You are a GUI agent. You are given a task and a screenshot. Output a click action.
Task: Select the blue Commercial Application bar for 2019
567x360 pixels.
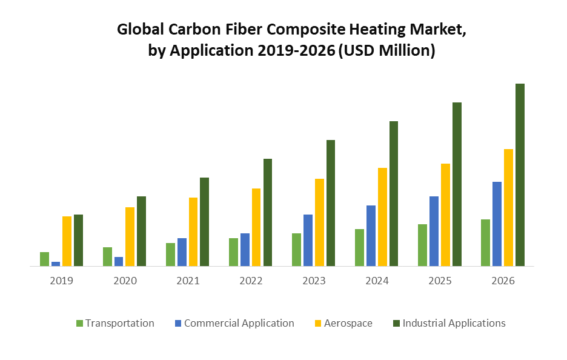(x=56, y=264)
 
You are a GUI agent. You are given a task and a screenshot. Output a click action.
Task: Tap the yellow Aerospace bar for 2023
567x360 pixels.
(x=319, y=222)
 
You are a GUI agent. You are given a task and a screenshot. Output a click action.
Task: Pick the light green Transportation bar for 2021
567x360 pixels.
(x=170, y=254)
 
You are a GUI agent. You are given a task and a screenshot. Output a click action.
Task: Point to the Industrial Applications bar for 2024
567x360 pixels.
(x=394, y=193)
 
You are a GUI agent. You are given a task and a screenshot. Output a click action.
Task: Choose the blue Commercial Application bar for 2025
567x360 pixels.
(x=434, y=231)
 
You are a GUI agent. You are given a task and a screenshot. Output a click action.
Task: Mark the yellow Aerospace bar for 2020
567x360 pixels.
(x=130, y=236)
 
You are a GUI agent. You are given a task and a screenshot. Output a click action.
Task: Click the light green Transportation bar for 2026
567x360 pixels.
(x=485, y=242)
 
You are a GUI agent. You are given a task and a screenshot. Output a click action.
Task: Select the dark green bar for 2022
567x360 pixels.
(x=268, y=212)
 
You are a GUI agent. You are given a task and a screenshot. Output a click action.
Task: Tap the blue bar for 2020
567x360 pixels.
(x=119, y=261)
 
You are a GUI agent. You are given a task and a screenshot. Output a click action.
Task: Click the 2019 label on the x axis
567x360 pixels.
(x=62, y=281)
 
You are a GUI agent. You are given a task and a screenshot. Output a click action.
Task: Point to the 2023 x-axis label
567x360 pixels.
(x=314, y=281)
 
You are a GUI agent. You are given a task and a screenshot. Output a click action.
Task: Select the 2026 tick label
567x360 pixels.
(x=503, y=281)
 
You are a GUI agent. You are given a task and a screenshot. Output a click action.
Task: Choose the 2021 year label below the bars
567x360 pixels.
(x=188, y=281)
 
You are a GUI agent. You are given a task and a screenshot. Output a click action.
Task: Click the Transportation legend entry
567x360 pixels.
(x=119, y=323)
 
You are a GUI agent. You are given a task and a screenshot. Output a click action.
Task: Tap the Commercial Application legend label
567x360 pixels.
(x=239, y=323)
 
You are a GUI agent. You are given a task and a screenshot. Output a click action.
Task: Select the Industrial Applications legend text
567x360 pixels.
(x=454, y=323)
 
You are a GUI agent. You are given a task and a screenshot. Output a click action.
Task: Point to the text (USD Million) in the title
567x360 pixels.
(x=386, y=52)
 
